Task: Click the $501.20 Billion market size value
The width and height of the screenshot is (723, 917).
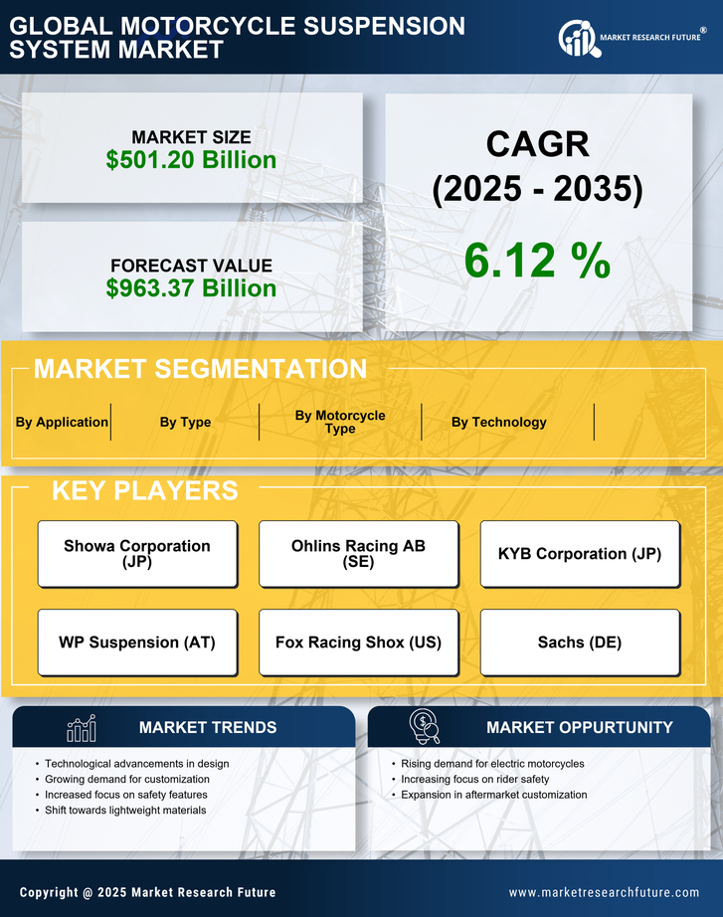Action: (191, 159)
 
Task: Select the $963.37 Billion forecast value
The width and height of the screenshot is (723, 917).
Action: (191, 288)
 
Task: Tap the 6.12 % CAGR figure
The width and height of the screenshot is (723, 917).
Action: (537, 261)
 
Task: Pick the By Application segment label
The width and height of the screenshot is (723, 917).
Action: (62, 422)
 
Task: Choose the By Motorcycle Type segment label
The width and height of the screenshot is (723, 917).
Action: (340, 422)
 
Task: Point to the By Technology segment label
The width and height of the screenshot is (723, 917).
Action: (498, 422)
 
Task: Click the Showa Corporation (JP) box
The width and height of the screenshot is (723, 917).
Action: (137, 553)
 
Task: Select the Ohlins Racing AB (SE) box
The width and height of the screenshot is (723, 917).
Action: (358, 553)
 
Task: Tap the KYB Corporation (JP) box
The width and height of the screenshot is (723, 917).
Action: (580, 553)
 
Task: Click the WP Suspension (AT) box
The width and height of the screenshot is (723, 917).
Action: (137, 642)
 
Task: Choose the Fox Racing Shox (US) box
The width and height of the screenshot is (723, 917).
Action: (358, 642)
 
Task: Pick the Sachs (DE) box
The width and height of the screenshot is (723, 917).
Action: (580, 642)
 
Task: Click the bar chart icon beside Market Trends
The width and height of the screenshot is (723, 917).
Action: (82, 728)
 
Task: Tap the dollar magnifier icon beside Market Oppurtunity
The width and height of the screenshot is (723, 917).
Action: (424, 727)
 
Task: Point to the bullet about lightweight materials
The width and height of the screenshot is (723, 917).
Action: (125, 811)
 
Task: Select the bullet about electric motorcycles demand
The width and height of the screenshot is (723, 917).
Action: (492, 764)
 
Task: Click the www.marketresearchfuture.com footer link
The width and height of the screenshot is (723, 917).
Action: (604, 892)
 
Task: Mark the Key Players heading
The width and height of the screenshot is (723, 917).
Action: (144, 490)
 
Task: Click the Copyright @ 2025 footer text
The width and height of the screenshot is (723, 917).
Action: (147, 892)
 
